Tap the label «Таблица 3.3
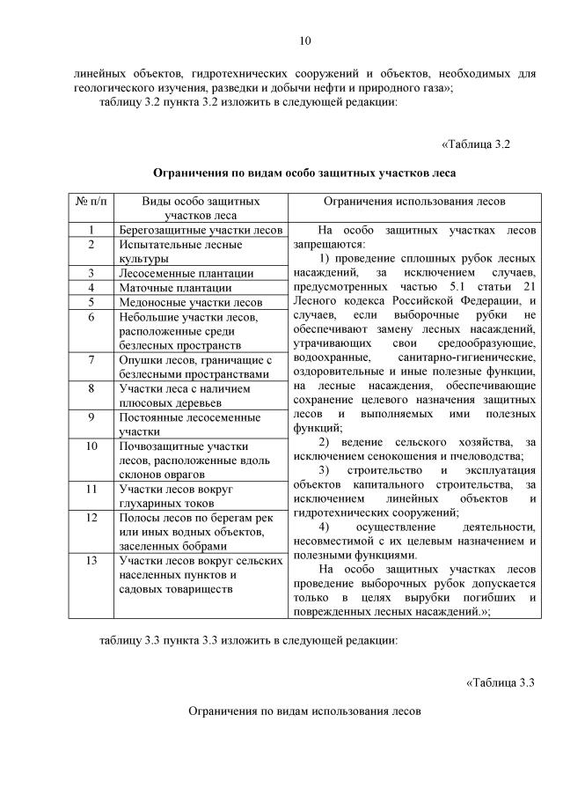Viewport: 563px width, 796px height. [x=500, y=682]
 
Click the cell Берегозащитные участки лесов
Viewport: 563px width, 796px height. [x=200, y=231]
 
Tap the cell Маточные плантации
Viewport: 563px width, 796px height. [x=175, y=287]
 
